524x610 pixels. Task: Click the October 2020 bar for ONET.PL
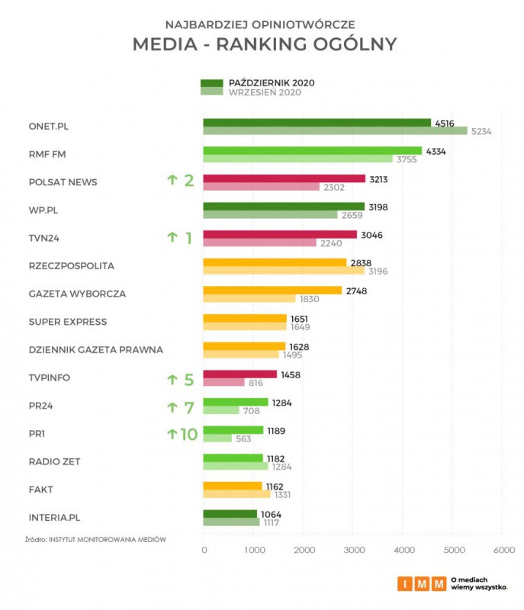click(x=317, y=122)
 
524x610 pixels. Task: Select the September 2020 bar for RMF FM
click(x=297, y=159)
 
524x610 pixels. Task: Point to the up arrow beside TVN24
click(x=172, y=238)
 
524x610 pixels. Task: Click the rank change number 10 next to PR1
click(x=188, y=434)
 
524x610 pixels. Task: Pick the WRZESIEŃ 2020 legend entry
click(x=265, y=92)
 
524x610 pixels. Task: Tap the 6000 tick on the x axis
click(x=503, y=550)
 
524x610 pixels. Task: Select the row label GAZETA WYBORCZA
click(x=77, y=294)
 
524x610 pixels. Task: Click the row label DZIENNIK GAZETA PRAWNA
click(x=96, y=349)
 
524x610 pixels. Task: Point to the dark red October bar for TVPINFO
click(x=239, y=374)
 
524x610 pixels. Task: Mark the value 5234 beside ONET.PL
click(x=481, y=131)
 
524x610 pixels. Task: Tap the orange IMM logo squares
click(x=422, y=584)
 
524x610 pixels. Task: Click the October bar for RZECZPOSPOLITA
click(x=275, y=262)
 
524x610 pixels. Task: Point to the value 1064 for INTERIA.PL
click(x=271, y=514)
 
